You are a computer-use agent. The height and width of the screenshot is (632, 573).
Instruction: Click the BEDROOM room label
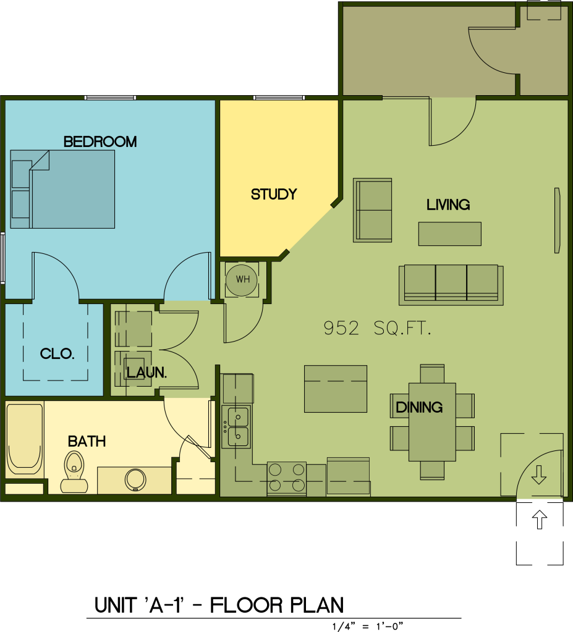tap(100, 142)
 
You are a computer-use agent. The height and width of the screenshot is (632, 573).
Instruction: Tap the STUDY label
tap(274, 194)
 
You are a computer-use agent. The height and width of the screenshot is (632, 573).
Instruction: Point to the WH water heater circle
tap(242, 280)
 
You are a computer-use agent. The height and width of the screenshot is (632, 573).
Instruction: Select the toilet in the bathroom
tap(74, 472)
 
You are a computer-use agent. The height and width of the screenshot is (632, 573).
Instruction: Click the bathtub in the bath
tap(25, 439)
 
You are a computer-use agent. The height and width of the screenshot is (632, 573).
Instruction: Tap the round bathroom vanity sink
tap(135, 479)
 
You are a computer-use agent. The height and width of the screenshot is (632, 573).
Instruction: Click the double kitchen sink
tap(237, 427)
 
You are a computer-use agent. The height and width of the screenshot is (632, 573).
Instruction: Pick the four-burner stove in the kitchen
tap(287, 478)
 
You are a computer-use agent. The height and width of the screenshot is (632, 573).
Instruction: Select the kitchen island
tap(336, 389)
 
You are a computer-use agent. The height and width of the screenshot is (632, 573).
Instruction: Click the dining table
tap(432, 422)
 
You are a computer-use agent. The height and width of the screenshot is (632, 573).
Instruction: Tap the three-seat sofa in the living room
tap(451, 285)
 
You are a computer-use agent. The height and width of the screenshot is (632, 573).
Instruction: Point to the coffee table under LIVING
tap(449, 234)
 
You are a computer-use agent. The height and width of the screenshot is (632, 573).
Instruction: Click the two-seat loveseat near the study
tap(373, 210)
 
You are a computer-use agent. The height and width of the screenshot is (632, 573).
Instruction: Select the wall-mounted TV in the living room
tap(558, 221)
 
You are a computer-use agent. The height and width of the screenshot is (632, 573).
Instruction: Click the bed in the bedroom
tap(62, 190)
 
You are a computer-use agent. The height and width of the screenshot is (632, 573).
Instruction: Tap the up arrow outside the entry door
tap(540, 520)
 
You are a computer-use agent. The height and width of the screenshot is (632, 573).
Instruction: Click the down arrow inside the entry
tap(539, 475)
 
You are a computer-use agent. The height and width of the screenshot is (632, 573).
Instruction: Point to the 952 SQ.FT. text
tap(378, 329)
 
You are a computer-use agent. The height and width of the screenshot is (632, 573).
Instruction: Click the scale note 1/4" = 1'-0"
tap(367, 626)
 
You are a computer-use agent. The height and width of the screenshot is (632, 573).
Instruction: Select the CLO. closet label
tap(57, 354)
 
